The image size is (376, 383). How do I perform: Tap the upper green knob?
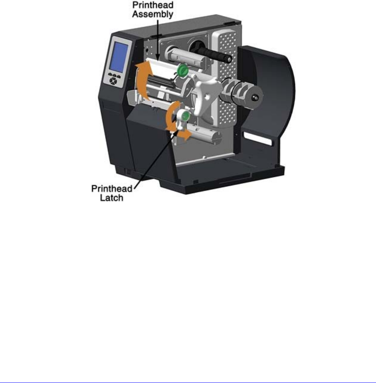182,71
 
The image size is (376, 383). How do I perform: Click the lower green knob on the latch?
184,116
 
